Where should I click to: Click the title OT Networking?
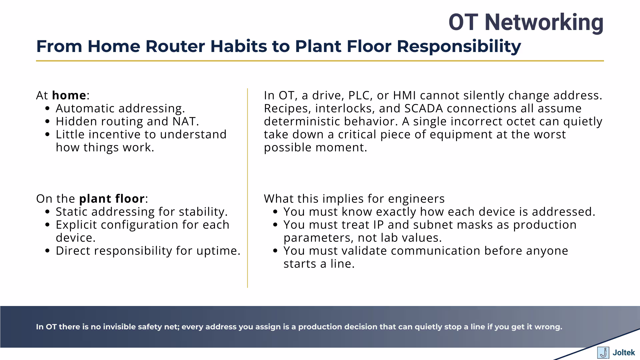[x=526, y=22]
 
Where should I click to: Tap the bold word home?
[x=69, y=95]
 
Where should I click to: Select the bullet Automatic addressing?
[x=120, y=108]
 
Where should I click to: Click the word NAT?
[x=185, y=121]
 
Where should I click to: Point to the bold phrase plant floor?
[x=112, y=199]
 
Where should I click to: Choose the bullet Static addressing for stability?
[x=141, y=212]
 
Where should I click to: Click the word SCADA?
[x=423, y=108]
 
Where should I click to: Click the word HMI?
[x=404, y=95]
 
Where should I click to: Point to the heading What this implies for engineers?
[x=354, y=199]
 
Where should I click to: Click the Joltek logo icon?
[x=603, y=353]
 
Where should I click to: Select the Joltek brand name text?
[x=624, y=353]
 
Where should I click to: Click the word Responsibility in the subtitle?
[x=459, y=46]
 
